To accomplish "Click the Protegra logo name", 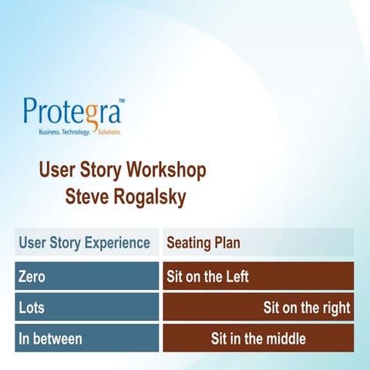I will coord(71,113).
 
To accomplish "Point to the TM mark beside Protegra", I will coord(121,100).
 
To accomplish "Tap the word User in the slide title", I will coord(55,170).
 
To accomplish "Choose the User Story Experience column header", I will coord(84,243).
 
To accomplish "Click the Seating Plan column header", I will coord(203,243).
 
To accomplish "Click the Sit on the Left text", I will coord(208,276).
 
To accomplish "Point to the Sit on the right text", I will coord(306,308).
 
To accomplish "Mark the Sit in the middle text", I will coord(258,338).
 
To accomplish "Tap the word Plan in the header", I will coord(227,243).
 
